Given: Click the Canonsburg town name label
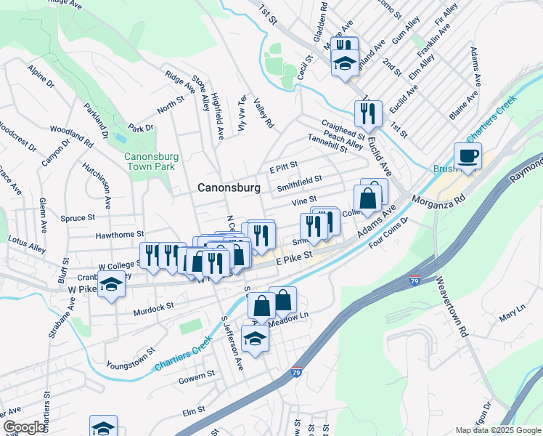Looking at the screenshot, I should [229, 187].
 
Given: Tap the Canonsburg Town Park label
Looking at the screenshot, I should [151, 161].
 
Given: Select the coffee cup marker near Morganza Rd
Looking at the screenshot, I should [468, 156].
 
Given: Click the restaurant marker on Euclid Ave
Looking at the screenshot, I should [368, 114].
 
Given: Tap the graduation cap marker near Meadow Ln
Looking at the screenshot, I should [254, 339].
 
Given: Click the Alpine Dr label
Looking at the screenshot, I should [41, 77].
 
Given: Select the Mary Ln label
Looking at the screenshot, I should [511, 316].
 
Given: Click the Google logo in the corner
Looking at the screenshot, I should [24, 427].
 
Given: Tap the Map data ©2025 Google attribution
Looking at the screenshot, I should [498, 430].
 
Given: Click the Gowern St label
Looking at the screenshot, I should [197, 375].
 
